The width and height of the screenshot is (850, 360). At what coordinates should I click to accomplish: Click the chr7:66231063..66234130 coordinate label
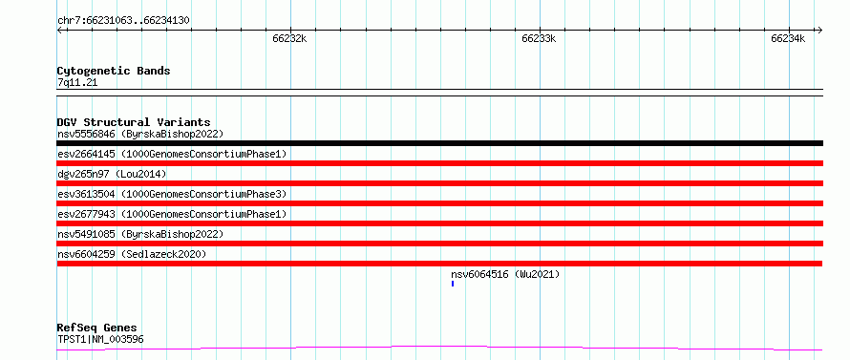[123, 21]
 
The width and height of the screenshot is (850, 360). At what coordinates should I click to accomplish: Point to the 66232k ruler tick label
[290, 38]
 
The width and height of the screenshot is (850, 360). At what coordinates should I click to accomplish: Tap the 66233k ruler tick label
[539, 38]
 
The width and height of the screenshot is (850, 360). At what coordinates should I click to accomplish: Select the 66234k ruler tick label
[788, 38]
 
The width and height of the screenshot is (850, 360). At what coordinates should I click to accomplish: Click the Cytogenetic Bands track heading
[114, 71]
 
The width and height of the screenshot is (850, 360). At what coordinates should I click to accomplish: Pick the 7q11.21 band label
[77, 83]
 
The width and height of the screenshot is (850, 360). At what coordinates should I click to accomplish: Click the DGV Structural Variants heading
[134, 122]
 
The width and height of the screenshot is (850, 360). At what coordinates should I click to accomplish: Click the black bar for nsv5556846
[439, 143]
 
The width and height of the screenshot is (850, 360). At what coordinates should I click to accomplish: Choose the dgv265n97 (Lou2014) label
[112, 174]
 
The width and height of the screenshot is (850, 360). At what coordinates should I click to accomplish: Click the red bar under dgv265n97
[439, 183]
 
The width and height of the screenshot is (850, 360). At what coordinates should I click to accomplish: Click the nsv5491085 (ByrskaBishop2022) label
[140, 234]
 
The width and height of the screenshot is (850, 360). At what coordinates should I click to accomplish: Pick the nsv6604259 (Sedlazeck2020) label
[132, 254]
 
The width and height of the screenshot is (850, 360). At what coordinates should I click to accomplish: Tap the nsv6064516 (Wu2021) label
[505, 274]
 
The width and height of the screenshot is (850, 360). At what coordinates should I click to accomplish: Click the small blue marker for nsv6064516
[453, 284]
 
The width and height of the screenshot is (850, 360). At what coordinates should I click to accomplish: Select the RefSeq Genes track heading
[97, 328]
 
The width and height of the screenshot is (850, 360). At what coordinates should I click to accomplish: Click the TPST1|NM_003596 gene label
[101, 340]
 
